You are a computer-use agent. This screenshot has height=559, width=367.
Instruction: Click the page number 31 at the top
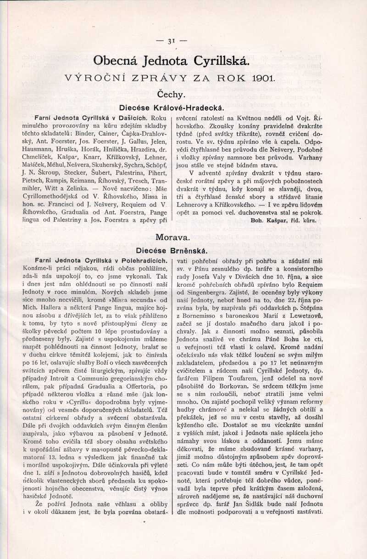(x=172, y=41)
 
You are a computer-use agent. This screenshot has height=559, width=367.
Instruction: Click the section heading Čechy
(x=171, y=95)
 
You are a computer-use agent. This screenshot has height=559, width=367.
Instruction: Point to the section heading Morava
(x=172, y=237)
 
